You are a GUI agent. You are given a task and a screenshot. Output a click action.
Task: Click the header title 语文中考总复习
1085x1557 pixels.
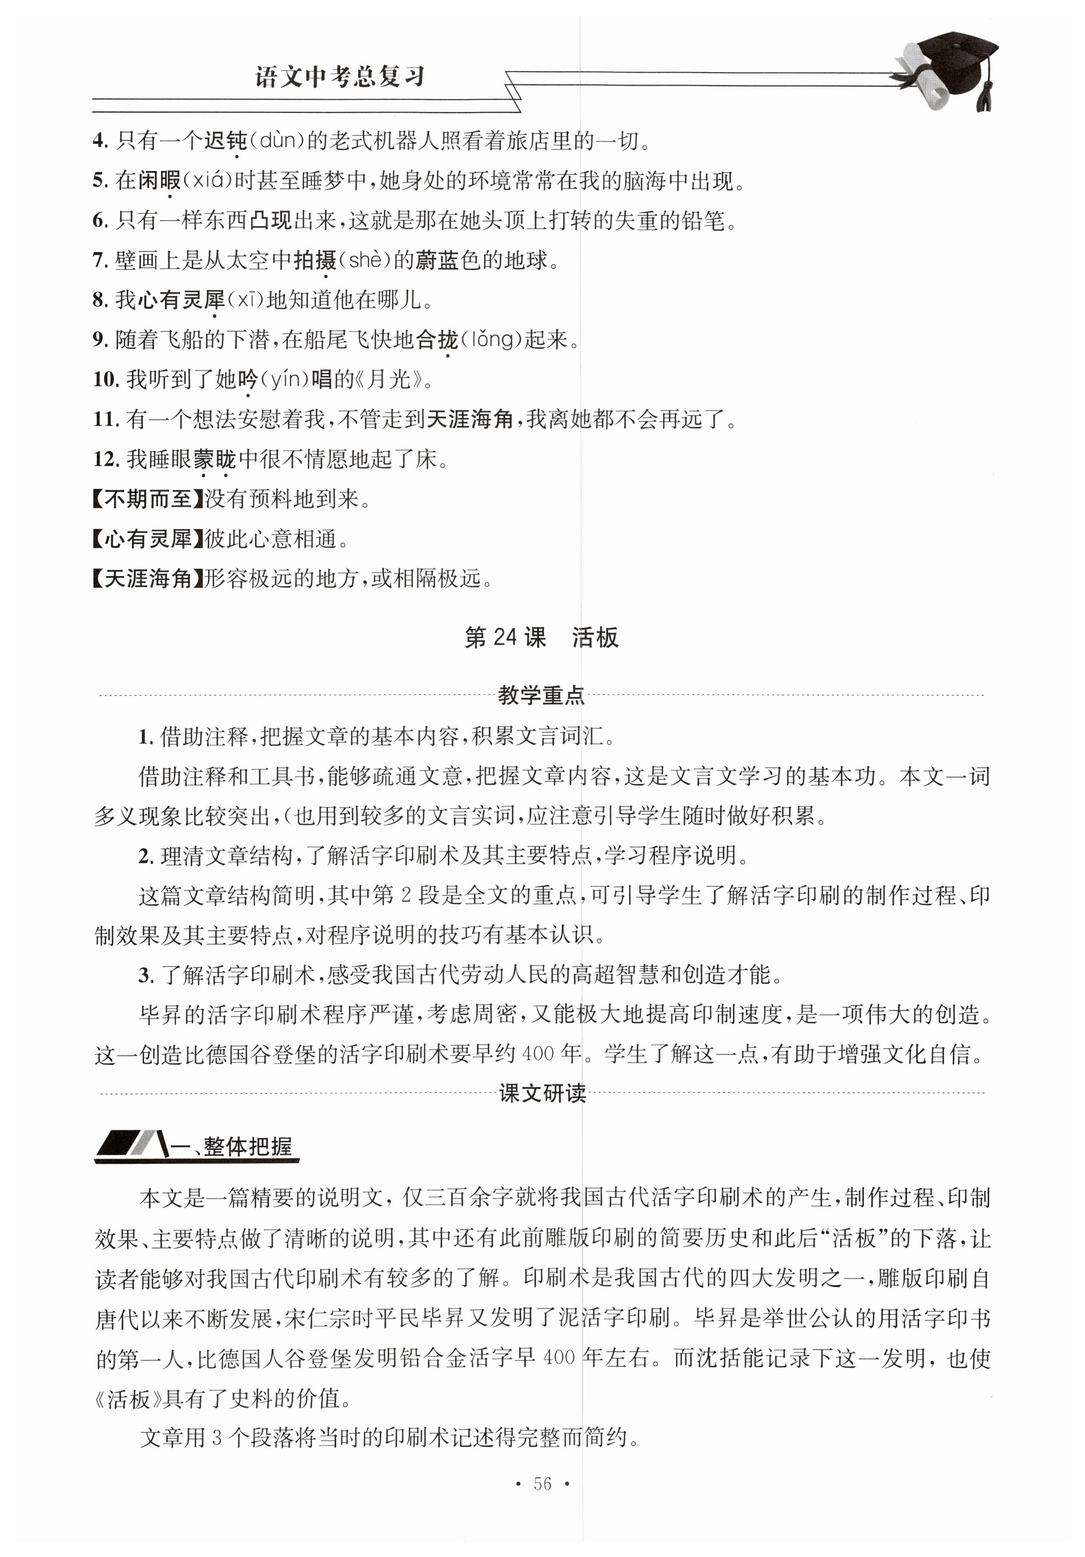pos(339,76)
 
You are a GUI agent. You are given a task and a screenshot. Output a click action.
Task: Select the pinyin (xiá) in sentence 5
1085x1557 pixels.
pos(209,181)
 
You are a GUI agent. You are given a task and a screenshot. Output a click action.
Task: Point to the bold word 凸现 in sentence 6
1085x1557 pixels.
pos(271,220)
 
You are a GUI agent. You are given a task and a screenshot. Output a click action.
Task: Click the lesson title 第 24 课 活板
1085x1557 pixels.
pos(541,638)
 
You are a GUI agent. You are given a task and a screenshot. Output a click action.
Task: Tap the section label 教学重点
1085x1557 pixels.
pos(541,695)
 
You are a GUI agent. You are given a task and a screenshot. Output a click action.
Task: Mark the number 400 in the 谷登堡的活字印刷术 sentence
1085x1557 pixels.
pos(538,1054)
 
